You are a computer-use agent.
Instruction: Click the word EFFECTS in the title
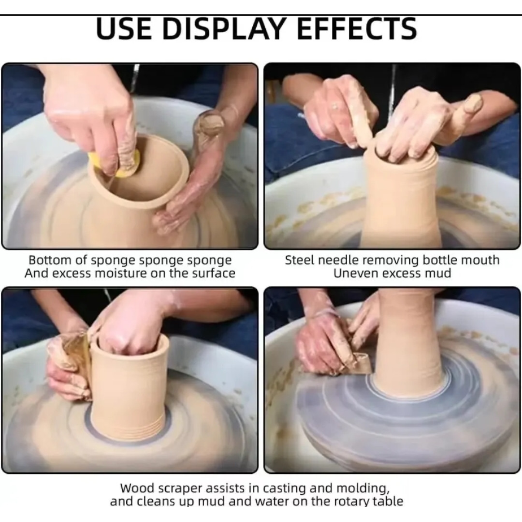(x=357, y=28)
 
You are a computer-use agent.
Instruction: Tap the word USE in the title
(x=124, y=28)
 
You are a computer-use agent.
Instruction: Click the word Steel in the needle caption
(x=300, y=260)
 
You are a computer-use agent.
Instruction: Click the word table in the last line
(x=388, y=501)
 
